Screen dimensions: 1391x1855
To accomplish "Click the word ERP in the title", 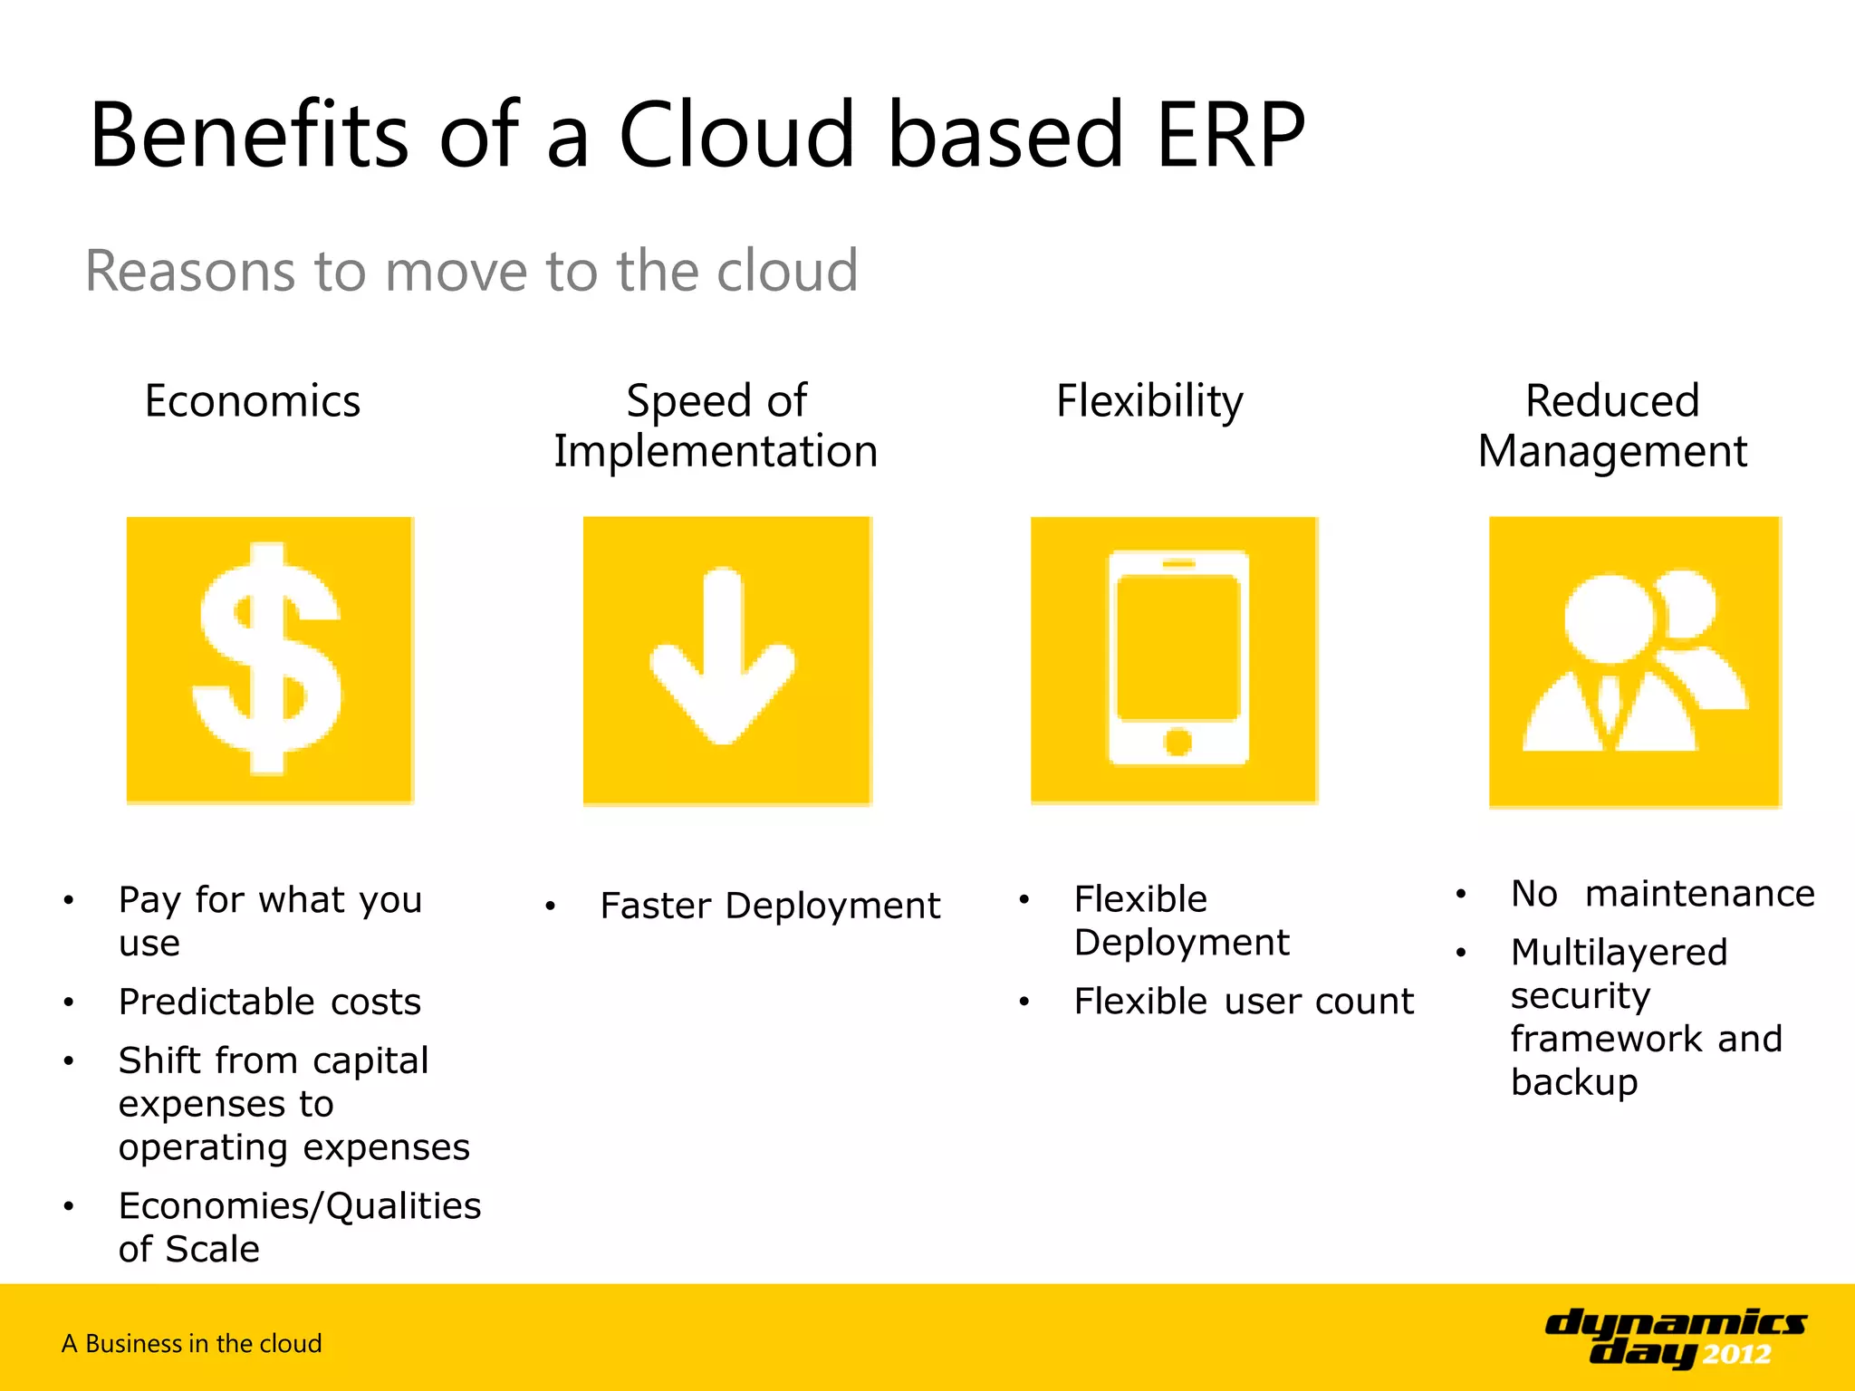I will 1230,136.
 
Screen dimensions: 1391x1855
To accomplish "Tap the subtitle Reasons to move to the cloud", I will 471,271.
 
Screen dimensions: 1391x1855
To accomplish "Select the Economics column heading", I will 252,401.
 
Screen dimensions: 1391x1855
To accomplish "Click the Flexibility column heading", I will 1149,401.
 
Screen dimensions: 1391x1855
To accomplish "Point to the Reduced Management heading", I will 1612,426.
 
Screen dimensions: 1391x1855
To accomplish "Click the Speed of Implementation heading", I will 716,426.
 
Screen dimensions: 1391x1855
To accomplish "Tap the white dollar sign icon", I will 268,659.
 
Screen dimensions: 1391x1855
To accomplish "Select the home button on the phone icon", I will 1177,742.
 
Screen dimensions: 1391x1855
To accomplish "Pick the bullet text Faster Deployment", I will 770,906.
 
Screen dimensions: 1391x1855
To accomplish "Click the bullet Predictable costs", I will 270,1002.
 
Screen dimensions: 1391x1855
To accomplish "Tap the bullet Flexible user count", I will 1243,1002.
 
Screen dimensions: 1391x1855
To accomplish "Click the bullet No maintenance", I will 1662,894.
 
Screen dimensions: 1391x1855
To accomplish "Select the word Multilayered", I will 1619,953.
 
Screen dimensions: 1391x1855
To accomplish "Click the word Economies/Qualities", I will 300,1206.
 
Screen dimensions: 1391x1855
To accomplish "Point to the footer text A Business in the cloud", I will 192,1343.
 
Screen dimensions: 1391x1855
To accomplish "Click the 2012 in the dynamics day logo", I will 1736,1355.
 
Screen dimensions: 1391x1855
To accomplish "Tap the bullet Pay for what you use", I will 270,920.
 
